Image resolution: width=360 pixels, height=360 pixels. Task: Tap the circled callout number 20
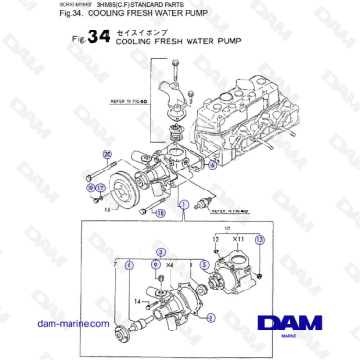point(108,154)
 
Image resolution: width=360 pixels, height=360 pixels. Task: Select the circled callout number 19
point(91,189)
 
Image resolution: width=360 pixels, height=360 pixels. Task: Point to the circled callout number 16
point(211,164)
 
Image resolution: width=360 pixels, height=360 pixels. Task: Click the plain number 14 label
point(138,302)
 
